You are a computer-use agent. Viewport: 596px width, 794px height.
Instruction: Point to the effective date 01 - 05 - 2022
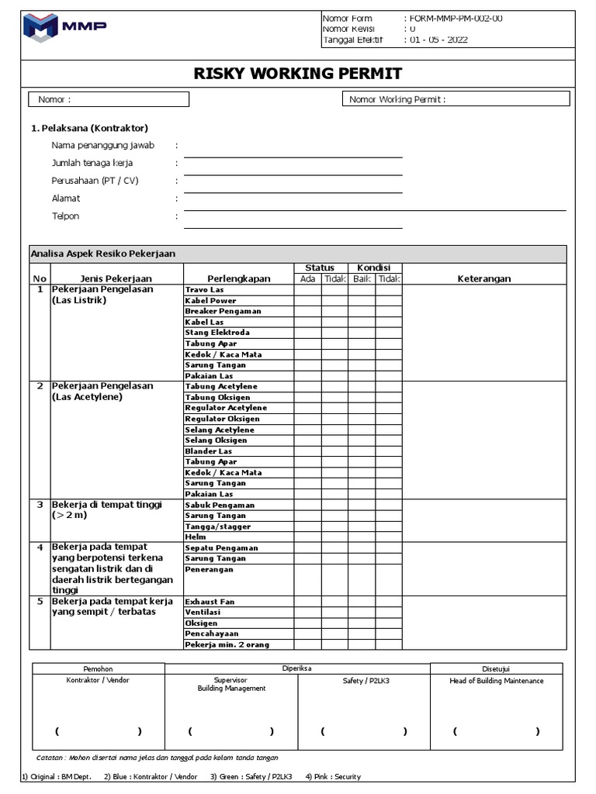click(438, 40)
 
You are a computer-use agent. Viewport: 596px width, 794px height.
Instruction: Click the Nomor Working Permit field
click(456, 99)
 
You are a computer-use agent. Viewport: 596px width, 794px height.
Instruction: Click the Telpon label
click(66, 216)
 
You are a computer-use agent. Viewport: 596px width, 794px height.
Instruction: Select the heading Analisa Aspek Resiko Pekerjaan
click(103, 254)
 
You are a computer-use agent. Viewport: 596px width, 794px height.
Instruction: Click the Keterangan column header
click(484, 279)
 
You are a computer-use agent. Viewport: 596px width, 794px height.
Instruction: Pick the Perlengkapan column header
click(238, 279)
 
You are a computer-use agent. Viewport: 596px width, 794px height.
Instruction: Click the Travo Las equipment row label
click(204, 289)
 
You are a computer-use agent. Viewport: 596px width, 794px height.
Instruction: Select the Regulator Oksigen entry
click(222, 419)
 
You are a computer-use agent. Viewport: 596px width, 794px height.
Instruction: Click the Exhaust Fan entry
click(209, 602)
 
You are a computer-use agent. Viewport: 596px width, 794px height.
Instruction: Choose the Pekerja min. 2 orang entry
click(227, 645)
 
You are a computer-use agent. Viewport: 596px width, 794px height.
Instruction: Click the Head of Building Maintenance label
click(497, 681)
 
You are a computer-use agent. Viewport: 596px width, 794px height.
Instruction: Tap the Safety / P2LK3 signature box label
click(364, 681)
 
